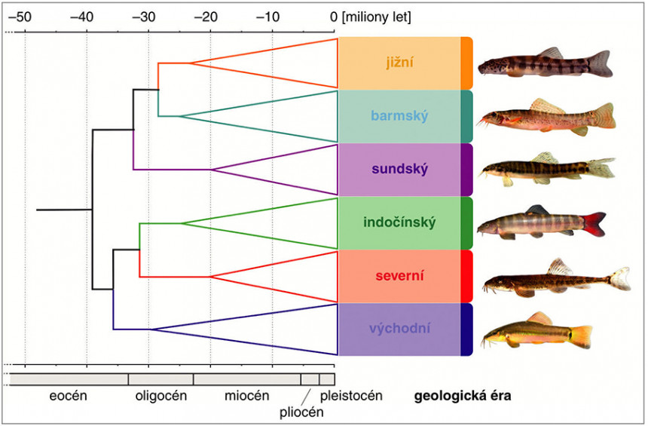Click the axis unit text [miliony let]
pos(375,17)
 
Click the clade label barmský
pos(399,116)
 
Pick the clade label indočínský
pos(399,222)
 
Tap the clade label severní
pos(399,275)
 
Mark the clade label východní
pos(399,328)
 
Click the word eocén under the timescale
pos(69,395)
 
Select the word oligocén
pos(161,395)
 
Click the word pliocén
pos(301,412)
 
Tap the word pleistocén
pos(351,395)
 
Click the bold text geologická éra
pos(463,395)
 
